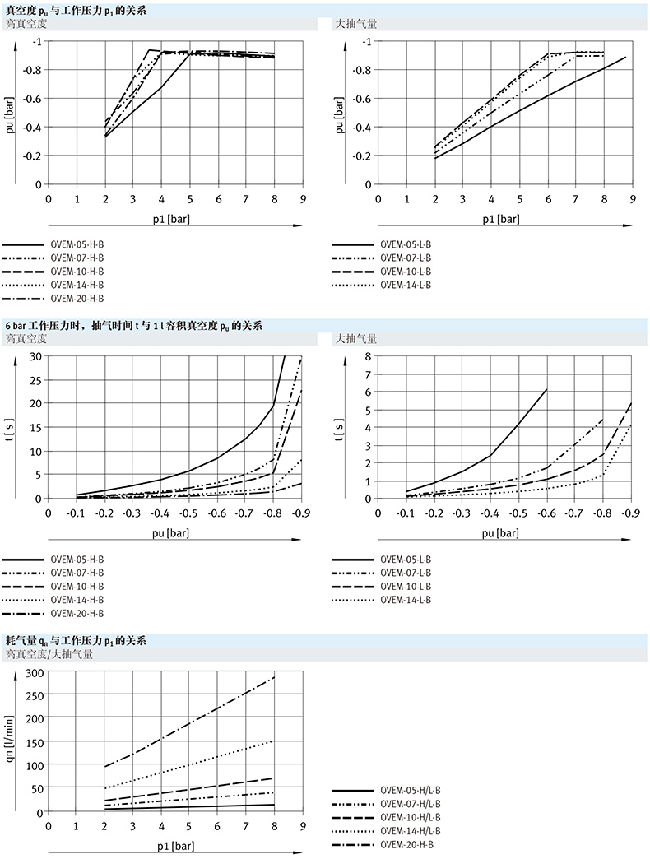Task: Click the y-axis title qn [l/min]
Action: (x=10, y=742)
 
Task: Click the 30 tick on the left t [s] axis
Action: (x=35, y=355)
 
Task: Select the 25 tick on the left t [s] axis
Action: (x=35, y=379)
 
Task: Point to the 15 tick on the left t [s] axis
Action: (x=35, y=427)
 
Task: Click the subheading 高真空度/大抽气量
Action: (x=49, y=655)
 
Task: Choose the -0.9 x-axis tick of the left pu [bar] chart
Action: (x=301, y=513)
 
